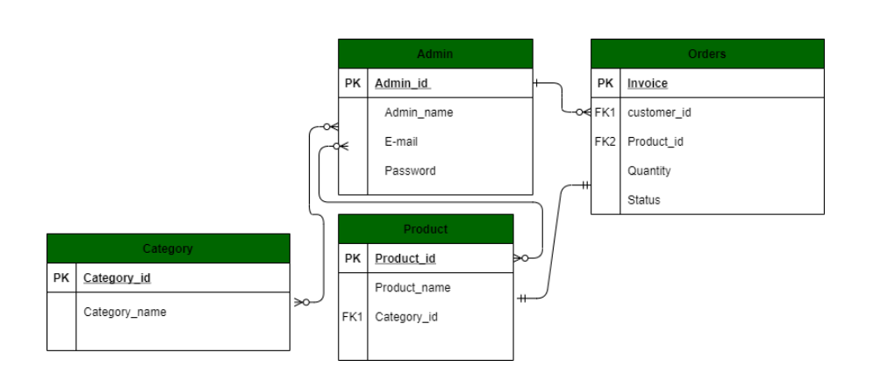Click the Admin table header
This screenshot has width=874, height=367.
(x=435, y=54)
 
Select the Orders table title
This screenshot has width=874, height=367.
(x=707, y=54)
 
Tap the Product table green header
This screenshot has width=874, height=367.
(x=426, y=229)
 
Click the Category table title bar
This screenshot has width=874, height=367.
(x=168, y=248)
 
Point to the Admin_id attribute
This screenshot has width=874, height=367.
(x=403, y=83)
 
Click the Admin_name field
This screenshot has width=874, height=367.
(x=419, y=112)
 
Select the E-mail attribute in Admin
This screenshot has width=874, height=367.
(x=400, y=141)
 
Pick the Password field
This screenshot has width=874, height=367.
(x=410, y=170)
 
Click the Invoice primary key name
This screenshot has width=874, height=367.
(x=648, y=83)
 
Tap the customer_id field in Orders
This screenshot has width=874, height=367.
(x=660, y=112)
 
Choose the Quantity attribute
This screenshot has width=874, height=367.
(x=649, y=171)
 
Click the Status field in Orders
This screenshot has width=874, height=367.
(x=644, y=200)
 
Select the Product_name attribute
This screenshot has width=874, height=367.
(x=412, y=287)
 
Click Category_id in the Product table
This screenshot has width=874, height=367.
(x=406, y=317)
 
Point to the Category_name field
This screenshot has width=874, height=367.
(x=125, y=311)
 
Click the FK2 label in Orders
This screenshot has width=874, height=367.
(x=605, y=142)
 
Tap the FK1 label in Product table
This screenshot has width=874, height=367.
(x=352, y=317)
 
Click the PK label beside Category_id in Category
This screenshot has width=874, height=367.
(x=61, y=277)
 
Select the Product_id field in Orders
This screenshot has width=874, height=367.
(x=655, y=142)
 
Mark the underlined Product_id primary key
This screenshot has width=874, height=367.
(x=405, y=258)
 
